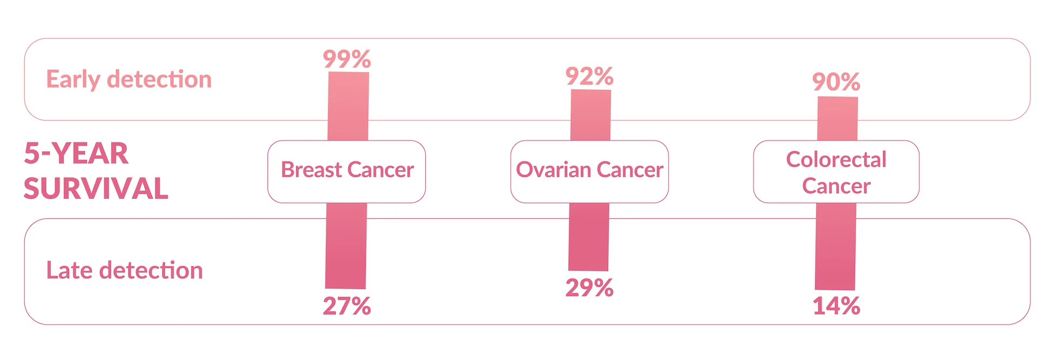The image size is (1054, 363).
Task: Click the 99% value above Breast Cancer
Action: pos(347,59)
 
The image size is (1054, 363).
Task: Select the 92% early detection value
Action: pos(590,76)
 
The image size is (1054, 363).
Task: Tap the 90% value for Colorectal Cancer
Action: pos(836,82)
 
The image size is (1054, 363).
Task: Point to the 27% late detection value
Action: pos(347,306)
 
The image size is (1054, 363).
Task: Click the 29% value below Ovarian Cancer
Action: pos(590,288)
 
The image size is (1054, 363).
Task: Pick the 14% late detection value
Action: pos(836,306)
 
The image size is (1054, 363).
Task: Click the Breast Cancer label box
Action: pos(347,171)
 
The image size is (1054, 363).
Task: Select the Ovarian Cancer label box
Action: pos(590,171)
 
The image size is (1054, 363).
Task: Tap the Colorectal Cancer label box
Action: pos(836,172)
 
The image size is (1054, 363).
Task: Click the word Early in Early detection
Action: pos(73,80)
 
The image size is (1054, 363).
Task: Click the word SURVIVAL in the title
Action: pos(96,189)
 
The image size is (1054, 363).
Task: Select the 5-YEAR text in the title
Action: pos(76,153)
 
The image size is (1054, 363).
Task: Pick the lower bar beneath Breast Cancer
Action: pos(346,246)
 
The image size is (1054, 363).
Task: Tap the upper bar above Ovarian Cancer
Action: pos(591,115)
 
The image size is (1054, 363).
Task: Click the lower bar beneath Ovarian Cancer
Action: pos(589,237)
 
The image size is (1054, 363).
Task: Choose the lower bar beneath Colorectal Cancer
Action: pos(836,246)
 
